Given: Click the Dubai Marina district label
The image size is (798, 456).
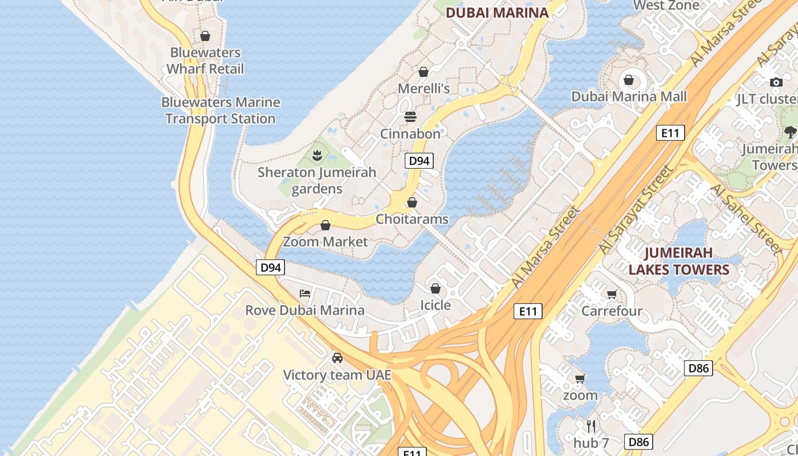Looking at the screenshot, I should point(497,13).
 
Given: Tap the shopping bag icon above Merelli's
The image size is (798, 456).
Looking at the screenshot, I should point(424,72).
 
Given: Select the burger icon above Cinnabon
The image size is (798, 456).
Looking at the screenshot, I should point(410,117).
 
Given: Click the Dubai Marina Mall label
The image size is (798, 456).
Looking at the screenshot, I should point(629,96).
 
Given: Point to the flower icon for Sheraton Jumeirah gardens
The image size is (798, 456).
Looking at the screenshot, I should point(317,154).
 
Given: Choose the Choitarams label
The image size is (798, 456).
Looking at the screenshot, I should point(412,219).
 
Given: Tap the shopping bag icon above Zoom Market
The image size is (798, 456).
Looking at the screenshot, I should point(325,225).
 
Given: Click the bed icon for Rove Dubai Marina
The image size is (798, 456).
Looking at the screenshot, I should point(305,294).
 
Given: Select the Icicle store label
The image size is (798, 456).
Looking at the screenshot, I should point(435,305).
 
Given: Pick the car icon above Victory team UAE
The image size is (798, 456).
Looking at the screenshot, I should point(337,358).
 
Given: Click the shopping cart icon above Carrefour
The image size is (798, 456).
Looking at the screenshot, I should point(612,294).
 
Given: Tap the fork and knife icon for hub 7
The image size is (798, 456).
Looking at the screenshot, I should point(591,426).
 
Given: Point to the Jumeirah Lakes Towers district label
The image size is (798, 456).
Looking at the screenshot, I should point(679,260).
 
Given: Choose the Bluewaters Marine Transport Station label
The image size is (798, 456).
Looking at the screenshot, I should point(221,111).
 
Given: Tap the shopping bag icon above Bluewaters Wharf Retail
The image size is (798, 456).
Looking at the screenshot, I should point(205,36).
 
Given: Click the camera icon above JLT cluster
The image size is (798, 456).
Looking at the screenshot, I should point(776,82).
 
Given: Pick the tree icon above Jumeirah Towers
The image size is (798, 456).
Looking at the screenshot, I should point(790,132).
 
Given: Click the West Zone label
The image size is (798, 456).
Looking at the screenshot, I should point(666,6).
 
